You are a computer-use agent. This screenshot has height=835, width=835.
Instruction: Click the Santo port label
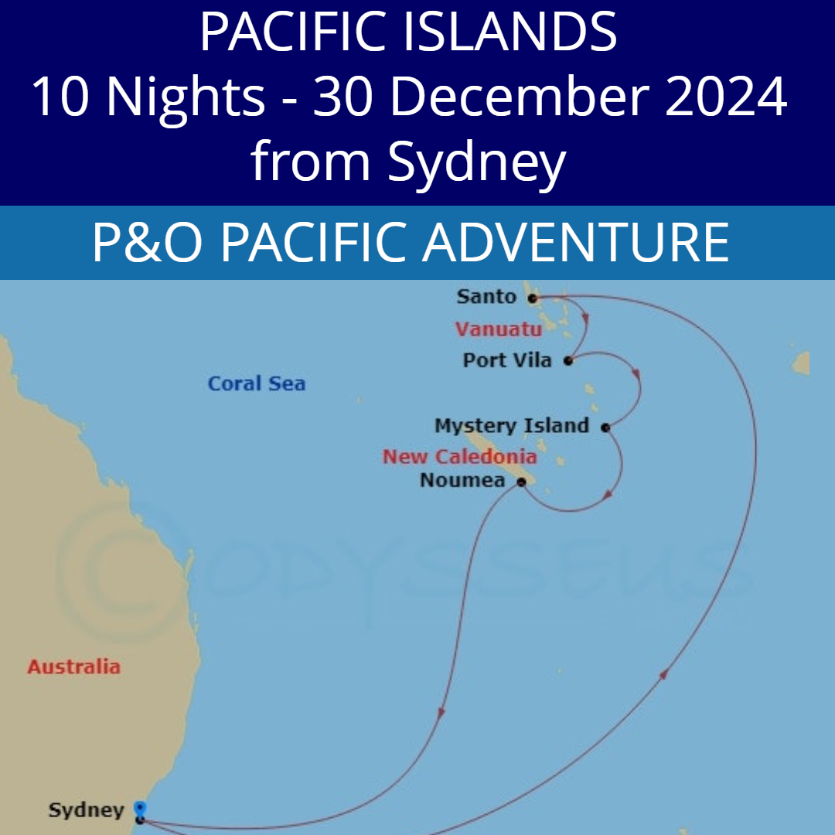(x=486, y=296)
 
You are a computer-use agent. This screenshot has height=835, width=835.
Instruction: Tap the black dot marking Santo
(x=533, y=298)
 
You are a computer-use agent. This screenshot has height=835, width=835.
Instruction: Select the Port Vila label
(x=507, y=360)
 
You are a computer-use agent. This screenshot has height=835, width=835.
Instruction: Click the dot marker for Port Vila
(x=568, y=361)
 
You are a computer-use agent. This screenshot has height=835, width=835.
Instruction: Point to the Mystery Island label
(x=512, y=426)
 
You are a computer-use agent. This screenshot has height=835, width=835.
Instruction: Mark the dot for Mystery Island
(x=605, y=427)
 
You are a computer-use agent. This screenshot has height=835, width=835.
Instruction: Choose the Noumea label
(x=462, y=481)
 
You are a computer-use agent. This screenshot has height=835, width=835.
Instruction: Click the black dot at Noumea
(x=521, y=482)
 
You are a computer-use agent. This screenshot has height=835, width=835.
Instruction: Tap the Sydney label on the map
(x=86, y=810)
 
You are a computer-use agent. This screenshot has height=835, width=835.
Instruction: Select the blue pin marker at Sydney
(x=140, y=808)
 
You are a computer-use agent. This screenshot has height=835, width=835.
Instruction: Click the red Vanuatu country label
(x=499, y=329)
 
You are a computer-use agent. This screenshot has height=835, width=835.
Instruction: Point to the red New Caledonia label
(x=459, y=456)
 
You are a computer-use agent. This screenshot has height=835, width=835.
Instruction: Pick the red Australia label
(x=74, y=666)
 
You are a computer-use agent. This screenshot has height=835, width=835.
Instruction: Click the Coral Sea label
(x=257, y=383)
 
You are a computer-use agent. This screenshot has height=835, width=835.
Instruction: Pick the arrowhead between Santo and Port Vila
(x=587, y=319)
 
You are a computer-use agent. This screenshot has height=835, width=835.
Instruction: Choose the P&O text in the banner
(x=148, y=242)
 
